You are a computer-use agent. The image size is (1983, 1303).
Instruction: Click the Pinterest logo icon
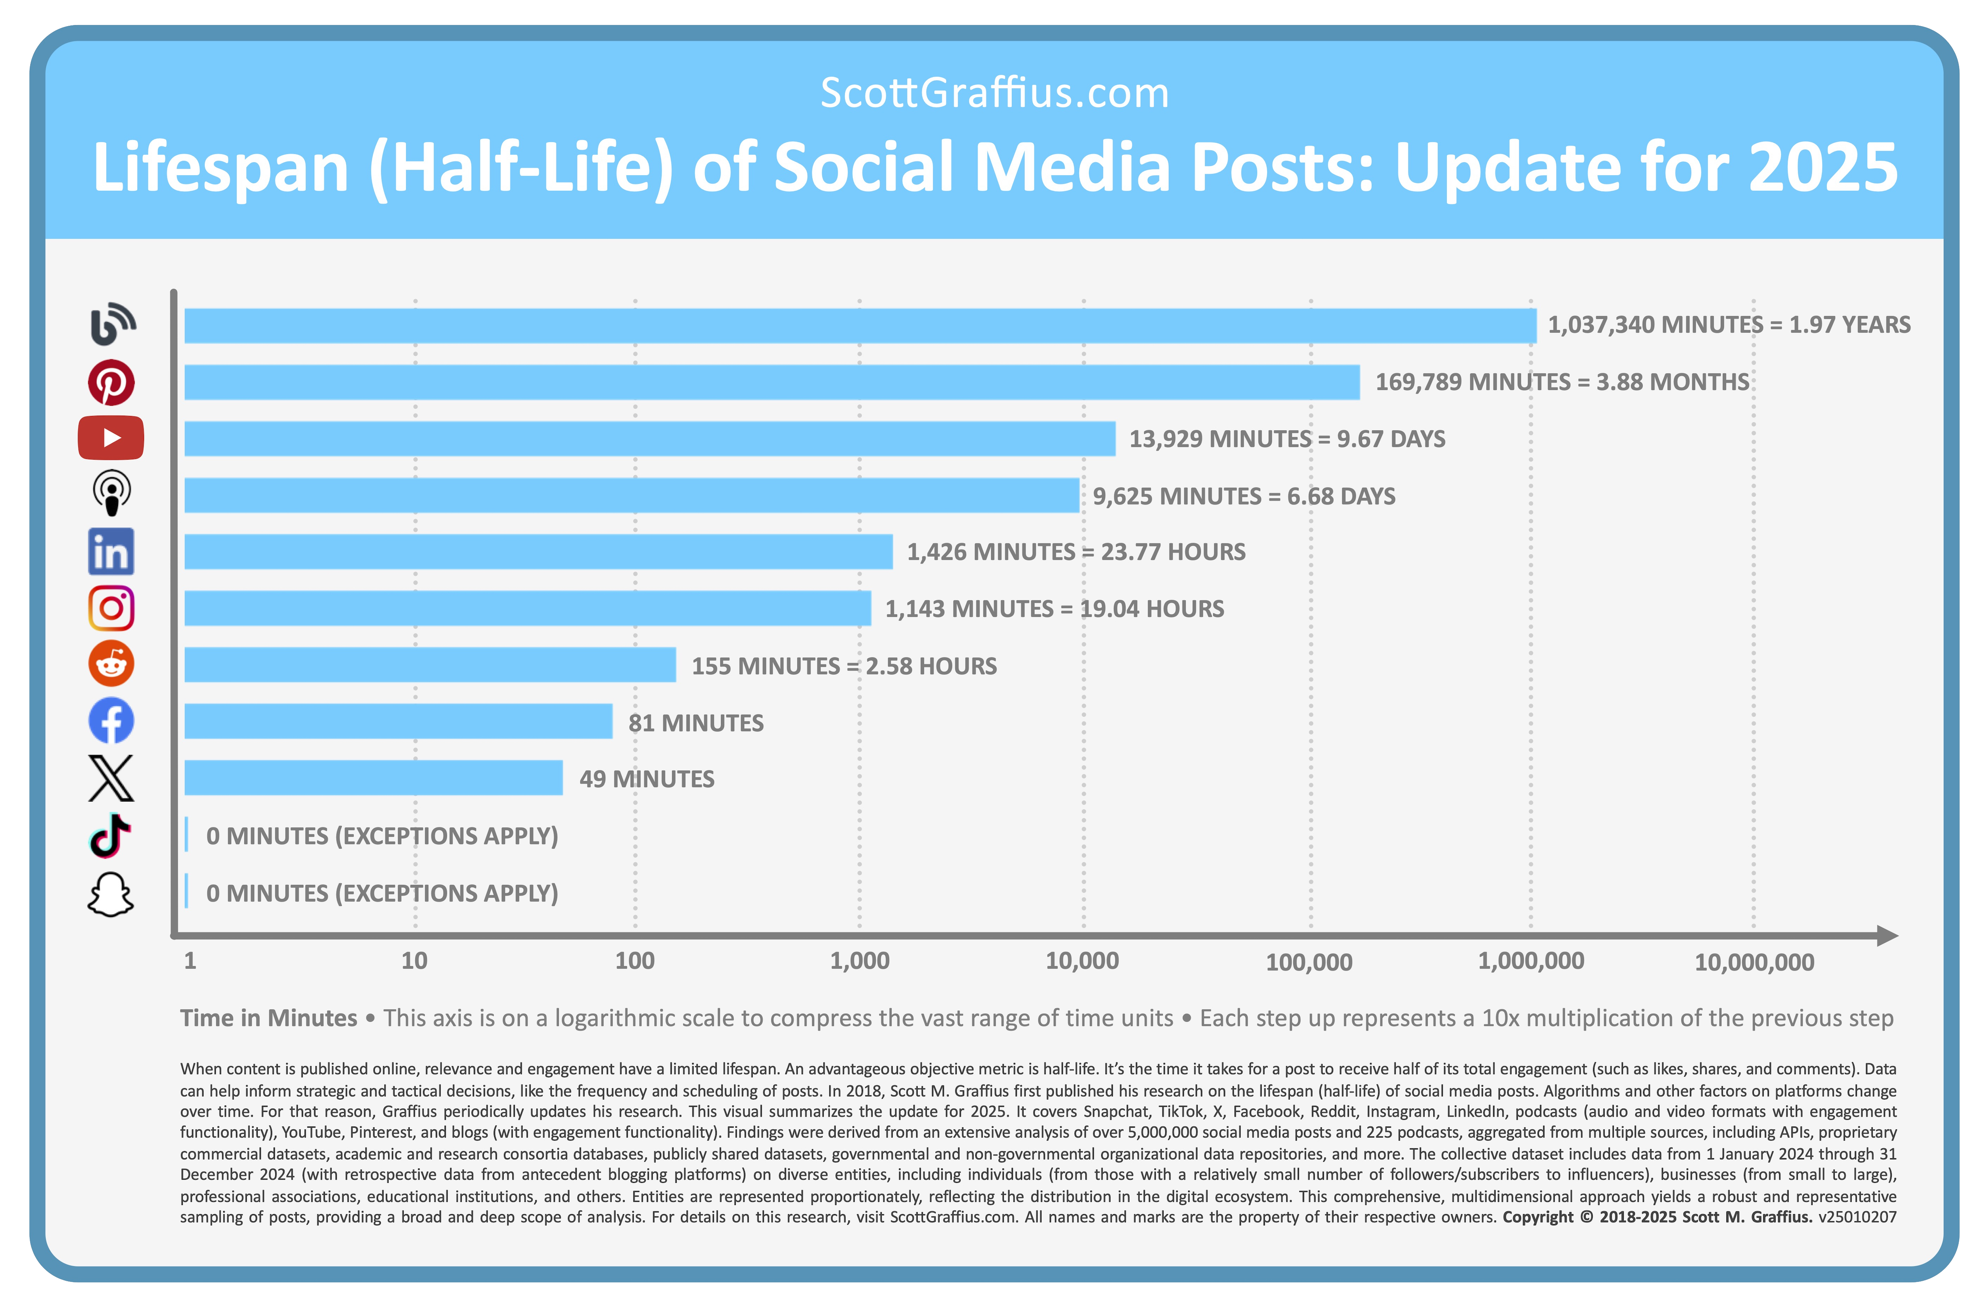pyautogui.click(x=111, y=382)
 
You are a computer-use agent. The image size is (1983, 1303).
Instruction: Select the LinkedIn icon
pyautogui.click(x=111, y=551)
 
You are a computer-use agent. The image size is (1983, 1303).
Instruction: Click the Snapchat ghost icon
pyautogui.click(x=111, y=895)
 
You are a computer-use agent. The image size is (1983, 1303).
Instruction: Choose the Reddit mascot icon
pyautogui.click(x=111, y=664)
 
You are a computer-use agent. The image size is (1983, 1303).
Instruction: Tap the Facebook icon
pyautogui.click(x=111, y=721)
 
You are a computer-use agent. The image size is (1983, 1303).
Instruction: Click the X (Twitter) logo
pyautogui.click(x=111, y=778)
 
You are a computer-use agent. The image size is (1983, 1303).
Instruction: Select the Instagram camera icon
pyautogui.click(x=111, y=608)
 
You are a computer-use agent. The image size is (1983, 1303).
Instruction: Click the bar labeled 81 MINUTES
pyautogui.click(x=398, y=722)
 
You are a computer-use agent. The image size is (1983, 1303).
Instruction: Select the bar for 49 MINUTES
pyautogui.click(x=373, y=778)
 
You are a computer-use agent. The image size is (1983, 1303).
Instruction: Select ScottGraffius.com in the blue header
pyautogui.click(x=994, y=92)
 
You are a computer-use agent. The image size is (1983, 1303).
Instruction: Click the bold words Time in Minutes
pyautogui.click(x=268, y=1018)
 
